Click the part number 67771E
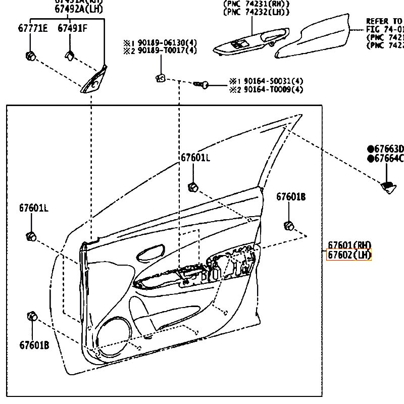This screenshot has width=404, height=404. tap(33, 28)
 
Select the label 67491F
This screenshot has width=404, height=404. tap(72, 28)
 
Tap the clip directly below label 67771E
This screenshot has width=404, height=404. tap(30, 55)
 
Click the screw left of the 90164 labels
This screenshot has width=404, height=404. tap(202, 85)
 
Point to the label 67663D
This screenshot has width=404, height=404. tap(386, 149)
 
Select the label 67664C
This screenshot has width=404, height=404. tap(386, 159)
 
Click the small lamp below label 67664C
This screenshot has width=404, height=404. tap(388, 186)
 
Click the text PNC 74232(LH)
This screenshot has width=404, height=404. tap(257, 12)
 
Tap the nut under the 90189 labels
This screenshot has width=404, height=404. tap(160, 77)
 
